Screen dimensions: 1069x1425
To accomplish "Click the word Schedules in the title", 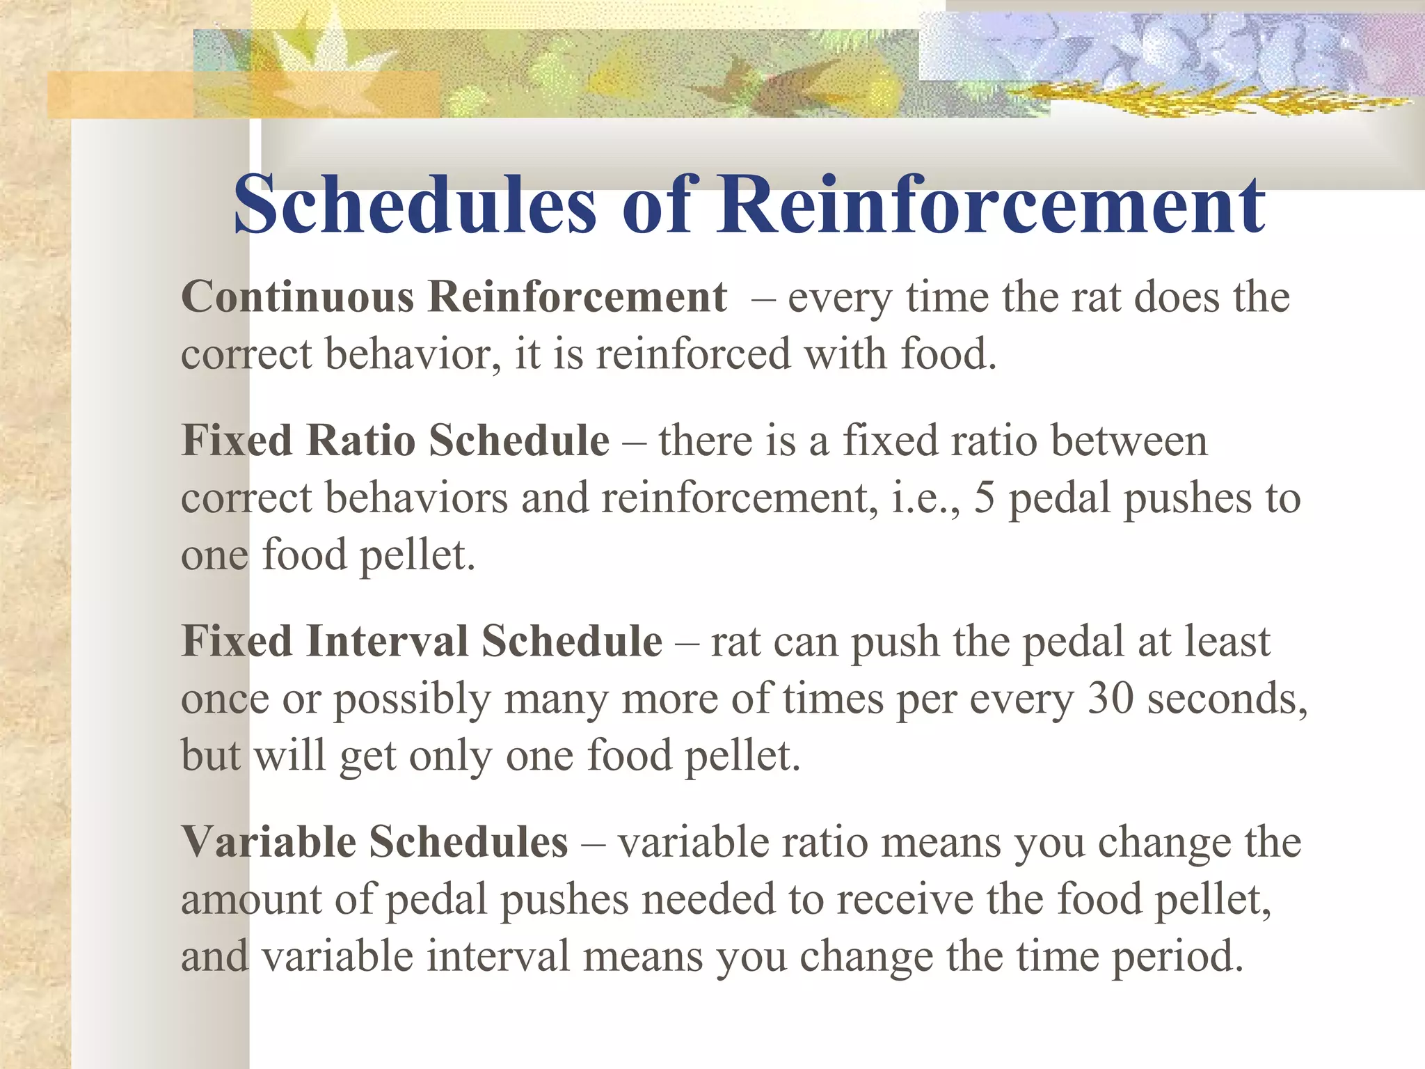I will pyautogui.click(x=415, y=205).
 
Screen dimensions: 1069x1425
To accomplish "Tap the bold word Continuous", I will pyautogui.click(x=298, y=297).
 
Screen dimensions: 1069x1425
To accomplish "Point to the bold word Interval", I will pyautogui.click(x=387, y=641).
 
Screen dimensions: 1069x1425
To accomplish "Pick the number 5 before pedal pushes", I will pyautogui.click(x=984, y=498).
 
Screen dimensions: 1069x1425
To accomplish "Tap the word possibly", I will pyautogui.click(x=412, y=699).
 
